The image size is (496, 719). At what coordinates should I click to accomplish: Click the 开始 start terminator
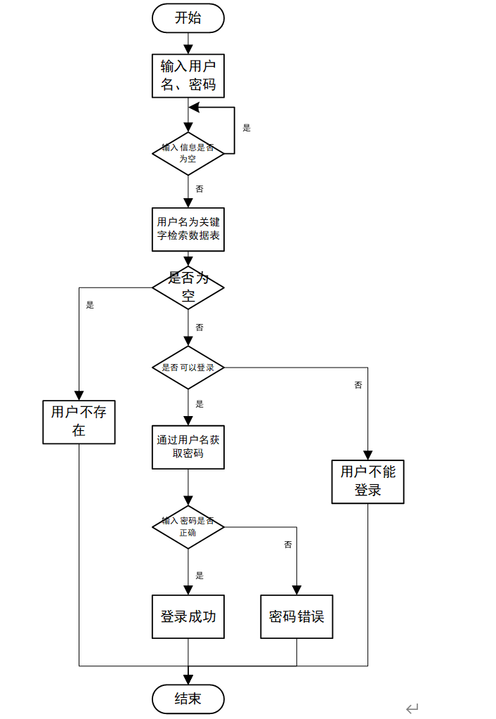coord(188,18)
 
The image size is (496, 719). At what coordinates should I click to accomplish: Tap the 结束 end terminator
coord(188,699)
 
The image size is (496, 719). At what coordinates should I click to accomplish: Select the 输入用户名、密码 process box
coord(188,77)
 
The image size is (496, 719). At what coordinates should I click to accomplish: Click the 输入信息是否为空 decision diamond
coord(188,153)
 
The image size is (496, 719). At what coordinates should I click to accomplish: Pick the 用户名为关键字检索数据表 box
coord(188,229)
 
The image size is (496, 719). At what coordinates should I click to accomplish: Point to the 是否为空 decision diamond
coord(188,287)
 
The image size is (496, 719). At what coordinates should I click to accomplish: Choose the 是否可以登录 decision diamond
coord(188,368)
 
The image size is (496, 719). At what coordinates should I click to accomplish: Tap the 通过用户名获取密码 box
coord(188,447)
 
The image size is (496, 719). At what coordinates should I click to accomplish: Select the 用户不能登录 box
coord(367,481)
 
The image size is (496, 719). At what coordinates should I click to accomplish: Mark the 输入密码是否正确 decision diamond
coord(188,526)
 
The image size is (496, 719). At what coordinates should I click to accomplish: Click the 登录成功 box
coord(188,617)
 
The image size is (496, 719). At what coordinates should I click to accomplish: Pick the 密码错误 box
coord(296,617)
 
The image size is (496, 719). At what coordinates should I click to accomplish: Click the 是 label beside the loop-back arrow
coord(247,128)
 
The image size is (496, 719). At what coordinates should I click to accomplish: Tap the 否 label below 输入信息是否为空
coord(200,189)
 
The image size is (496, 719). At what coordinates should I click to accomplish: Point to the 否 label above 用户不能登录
coord(358,385)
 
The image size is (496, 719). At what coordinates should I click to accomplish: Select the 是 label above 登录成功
coord(200,576)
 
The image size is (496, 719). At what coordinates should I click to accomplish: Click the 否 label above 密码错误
coord(288,545)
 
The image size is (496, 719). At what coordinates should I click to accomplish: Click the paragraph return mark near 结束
coord(412,708)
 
